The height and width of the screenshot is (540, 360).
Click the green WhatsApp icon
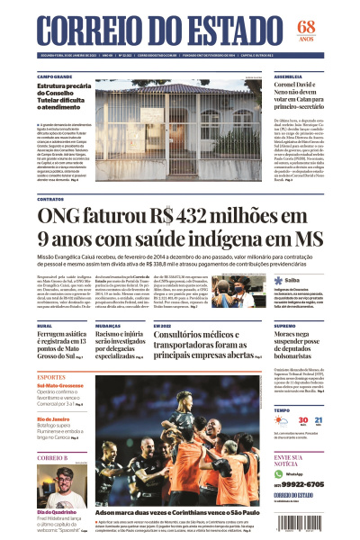279,472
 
